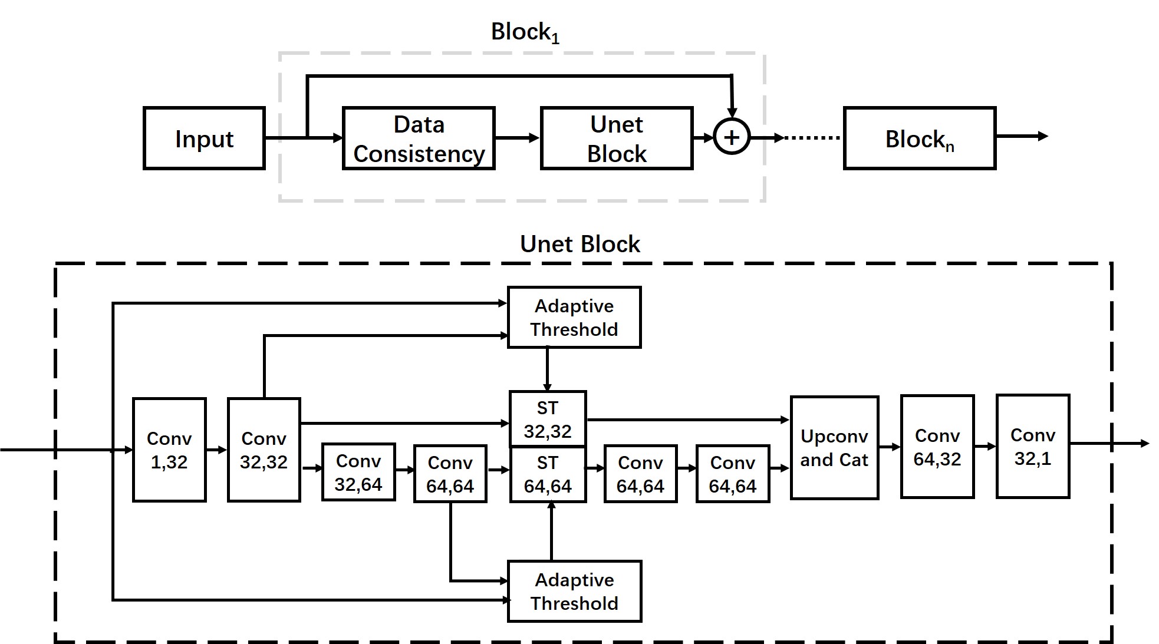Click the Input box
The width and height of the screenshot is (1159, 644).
(x=204, y=138)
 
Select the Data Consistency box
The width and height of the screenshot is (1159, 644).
(x=419, y=138)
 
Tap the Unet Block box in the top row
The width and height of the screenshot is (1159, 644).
(x=617, y=138)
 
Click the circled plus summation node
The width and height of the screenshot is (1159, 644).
(x=732, y=137)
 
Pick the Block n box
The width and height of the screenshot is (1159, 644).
(x=920, y=138)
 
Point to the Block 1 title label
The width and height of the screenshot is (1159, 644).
(x=525, y=32)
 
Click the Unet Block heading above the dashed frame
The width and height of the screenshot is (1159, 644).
(x=580, y=244)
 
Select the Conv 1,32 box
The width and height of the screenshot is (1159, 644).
(x=169, y=450)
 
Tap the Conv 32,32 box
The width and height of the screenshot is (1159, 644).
(x=264, y=450)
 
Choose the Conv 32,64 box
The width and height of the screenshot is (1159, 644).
(x=358, y=472)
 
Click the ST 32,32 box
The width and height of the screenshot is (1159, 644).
(x=548, y=419)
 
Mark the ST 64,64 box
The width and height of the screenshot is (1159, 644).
(x=548, y=474)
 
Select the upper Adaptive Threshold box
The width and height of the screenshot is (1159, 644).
(x=574, y=318)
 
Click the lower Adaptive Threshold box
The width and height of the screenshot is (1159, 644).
(x=574, y=591)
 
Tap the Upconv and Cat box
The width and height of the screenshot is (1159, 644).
(x=834, y=448)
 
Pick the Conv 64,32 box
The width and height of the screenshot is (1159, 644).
(x=937, y=447)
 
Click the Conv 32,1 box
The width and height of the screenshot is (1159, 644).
(x=1033, y=446)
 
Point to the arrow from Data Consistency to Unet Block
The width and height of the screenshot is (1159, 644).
(x=517, y=138)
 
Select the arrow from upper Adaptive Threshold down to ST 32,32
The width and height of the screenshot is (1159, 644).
(x=548, y=369)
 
